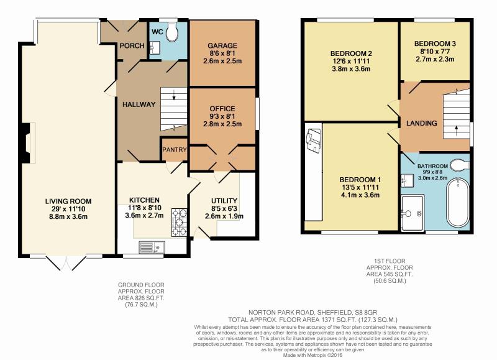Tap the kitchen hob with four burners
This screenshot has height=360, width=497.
(x=179, y=223)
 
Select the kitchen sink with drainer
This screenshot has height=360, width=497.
(x=152, y=247)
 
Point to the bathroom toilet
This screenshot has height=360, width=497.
(x=459, y=165)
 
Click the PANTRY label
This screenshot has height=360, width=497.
(x=175, y=149)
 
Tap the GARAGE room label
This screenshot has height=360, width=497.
(x=222, y=45)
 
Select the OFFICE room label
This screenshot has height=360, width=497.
(x=222, y=108)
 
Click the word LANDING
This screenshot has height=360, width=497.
(x=422, y=123)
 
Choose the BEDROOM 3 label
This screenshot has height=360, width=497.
(x=435, y=44)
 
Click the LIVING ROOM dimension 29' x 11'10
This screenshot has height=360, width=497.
(x=68, y=209)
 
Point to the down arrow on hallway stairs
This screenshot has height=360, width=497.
(x=174, y=95)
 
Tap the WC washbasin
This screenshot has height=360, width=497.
(x=155, y=48)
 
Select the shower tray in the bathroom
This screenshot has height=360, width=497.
(x=413, y=213)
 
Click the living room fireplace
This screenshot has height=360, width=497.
(x=29, y=143)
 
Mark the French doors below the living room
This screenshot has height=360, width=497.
(x=66, y=262)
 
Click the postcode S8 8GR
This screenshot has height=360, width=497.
(x=365, y=312)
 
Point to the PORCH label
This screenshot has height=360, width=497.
(x=132, y=45)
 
